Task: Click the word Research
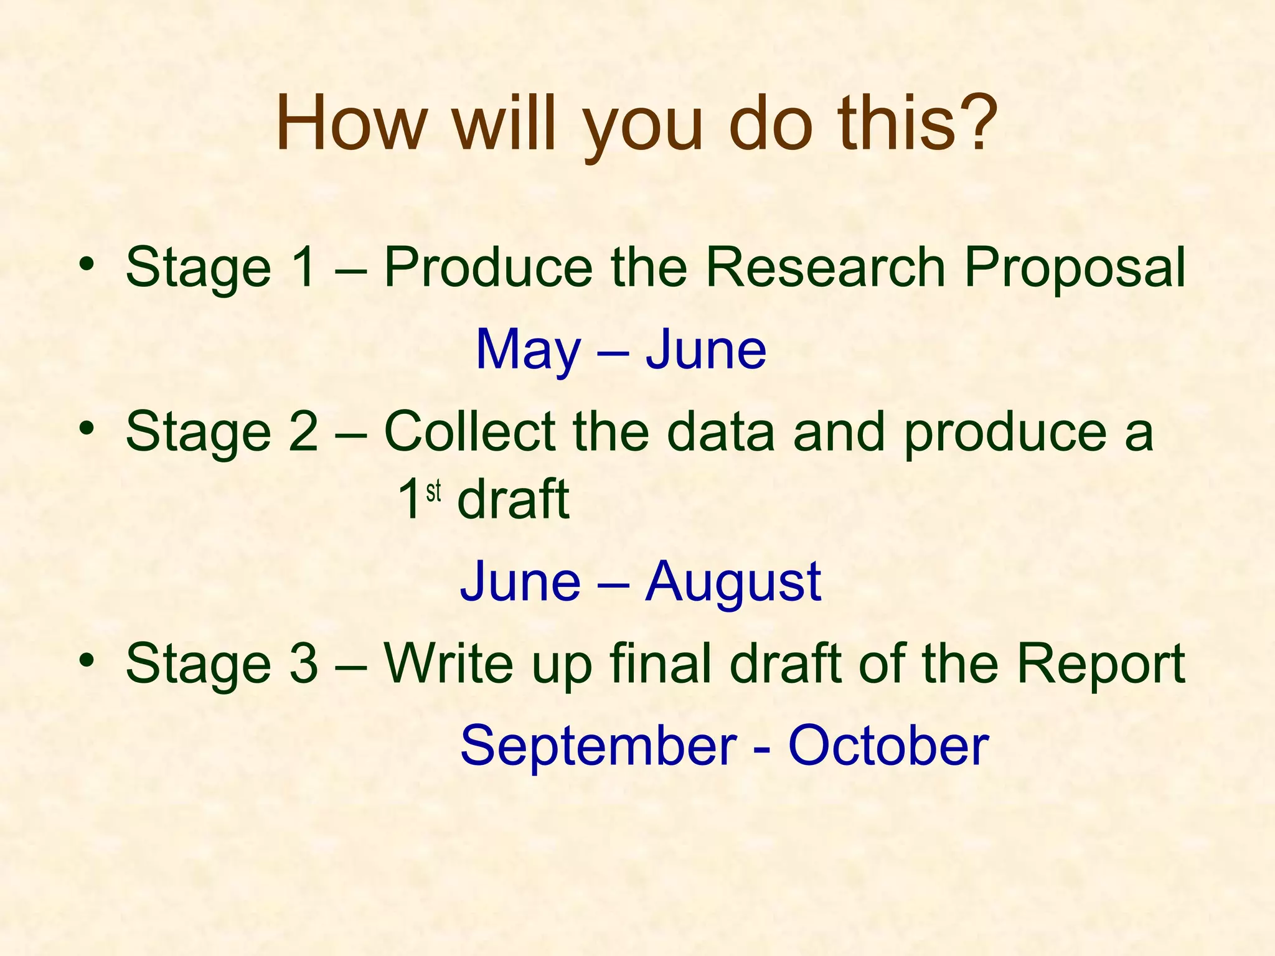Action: coord(826,268)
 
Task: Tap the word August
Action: coord(733,583)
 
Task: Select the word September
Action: coord(598,747)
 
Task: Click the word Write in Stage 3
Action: coord(448,663)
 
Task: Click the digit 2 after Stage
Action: coord(303,432)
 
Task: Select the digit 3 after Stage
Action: coord(303,663)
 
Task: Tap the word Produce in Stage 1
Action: coord(488,268)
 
